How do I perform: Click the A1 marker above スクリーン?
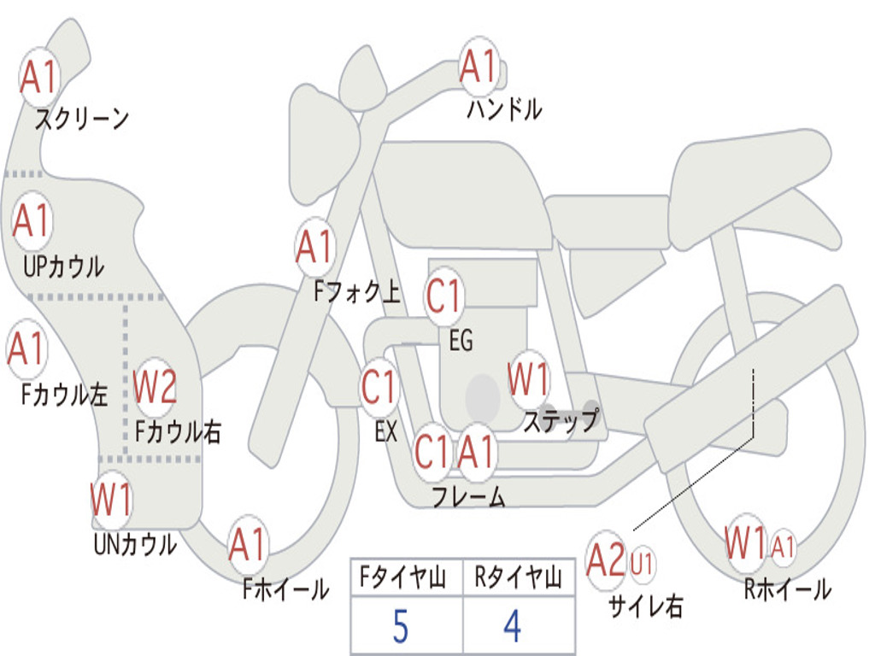tap(39, 76)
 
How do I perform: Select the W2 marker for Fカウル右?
tap(155, 386)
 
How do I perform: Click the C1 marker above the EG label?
tap(444, 295)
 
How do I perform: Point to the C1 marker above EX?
tap(379, 387)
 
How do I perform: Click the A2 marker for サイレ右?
tap(606, 559)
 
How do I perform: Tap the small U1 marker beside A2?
tap(642, 564)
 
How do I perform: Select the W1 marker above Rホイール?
tap(745, 542)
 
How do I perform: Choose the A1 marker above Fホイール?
tap(248, 544)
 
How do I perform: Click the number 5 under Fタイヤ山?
tap(401, 626)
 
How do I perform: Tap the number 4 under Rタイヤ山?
tap(513, 626)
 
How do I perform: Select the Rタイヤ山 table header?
tap(519, 577)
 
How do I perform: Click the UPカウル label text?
tap(63, 266)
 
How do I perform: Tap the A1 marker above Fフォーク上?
tap(315, 247)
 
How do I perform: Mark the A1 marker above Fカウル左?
tap(26, 348)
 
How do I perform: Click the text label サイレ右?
tap(646, 606)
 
